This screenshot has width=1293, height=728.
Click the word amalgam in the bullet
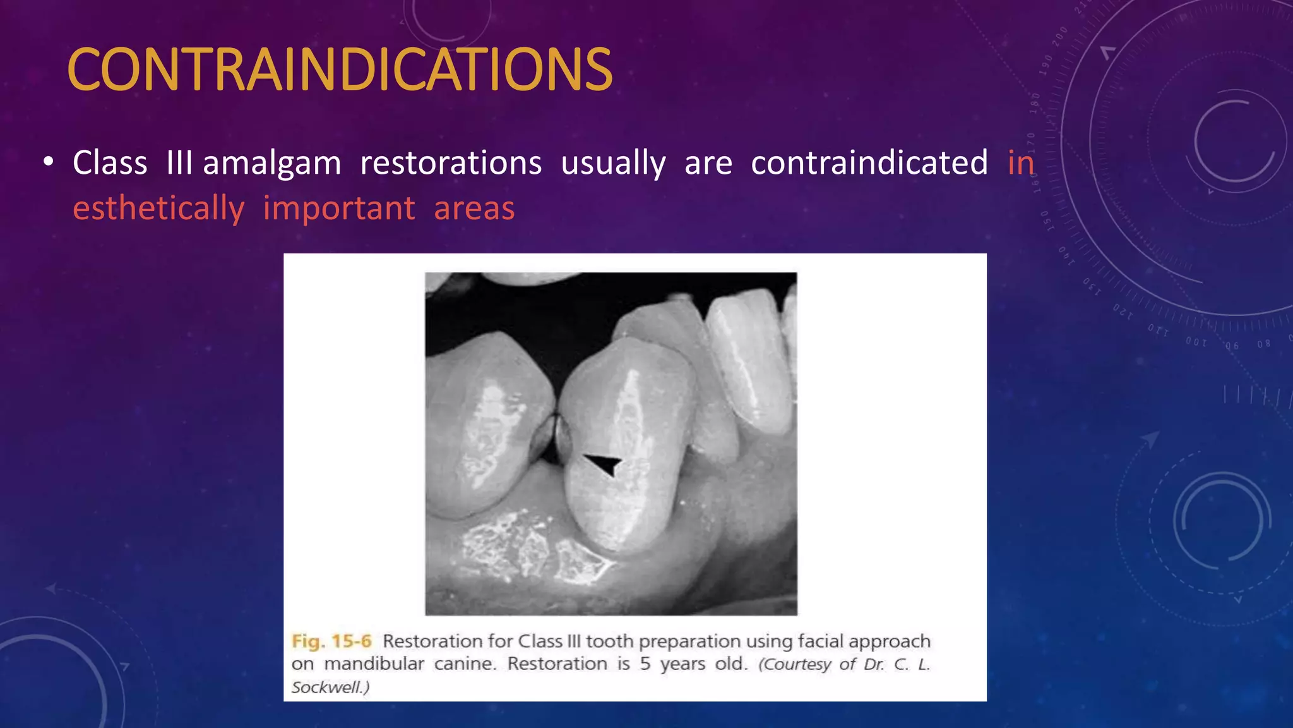(x=271, y=164)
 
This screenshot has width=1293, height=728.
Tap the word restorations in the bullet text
(x=451, y=163)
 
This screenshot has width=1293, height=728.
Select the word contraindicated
(x=869, y=162)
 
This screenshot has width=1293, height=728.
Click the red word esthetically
(x=158, y=209)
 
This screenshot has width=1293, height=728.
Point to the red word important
(x=339, y=209)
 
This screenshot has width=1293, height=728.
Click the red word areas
(x=474, y=209)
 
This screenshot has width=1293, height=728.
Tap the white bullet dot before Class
(x=49, y=162)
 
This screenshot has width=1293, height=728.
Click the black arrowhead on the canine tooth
(x=603, y=464)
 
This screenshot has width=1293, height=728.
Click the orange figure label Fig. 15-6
(x=331, y=641)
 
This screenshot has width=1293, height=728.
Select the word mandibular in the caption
(x=374, y=664)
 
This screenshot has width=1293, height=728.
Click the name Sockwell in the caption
(x=327, y=687)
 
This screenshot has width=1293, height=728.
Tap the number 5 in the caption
(x=645, y=664)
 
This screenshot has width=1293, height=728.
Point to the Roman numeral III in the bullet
(x=179, y=163)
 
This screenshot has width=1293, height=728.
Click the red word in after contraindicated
(x=1020, y=163)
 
